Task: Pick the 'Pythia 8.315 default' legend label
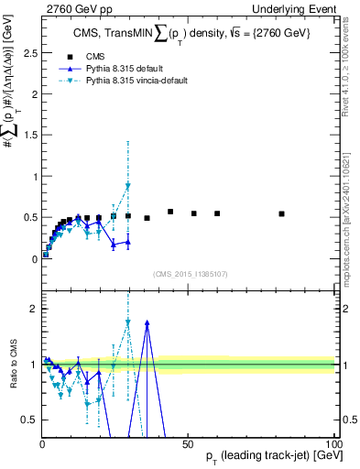pos(130,69)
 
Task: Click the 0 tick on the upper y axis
pos(35,259)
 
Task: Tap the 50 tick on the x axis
pos(188,443)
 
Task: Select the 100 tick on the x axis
pos(333,443)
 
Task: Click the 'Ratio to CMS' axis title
pos(12,365)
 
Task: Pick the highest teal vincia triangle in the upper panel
pos(128,186)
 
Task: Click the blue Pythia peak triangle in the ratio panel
pos(147,322)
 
